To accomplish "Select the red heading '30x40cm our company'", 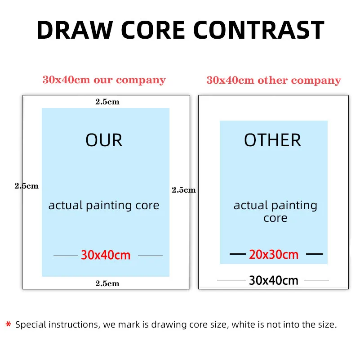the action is (104, 80).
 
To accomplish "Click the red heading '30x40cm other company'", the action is (274, 81).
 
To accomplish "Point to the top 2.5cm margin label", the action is (107, 102).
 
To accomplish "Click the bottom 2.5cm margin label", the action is (107, 283).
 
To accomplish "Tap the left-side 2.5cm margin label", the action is (27, 185).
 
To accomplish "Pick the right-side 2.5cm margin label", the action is (184, 190).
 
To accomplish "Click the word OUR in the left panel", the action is (104, 140).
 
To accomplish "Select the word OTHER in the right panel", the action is (272, 140).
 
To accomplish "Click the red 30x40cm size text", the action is (106, 255).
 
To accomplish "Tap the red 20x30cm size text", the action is (274, 255).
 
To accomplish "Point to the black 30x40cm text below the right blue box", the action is (274, 280).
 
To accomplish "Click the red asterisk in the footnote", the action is (8, 325).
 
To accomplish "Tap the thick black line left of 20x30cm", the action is (238, 254).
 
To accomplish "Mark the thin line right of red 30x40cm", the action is (150, 256).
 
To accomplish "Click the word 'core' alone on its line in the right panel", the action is (275, 218).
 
